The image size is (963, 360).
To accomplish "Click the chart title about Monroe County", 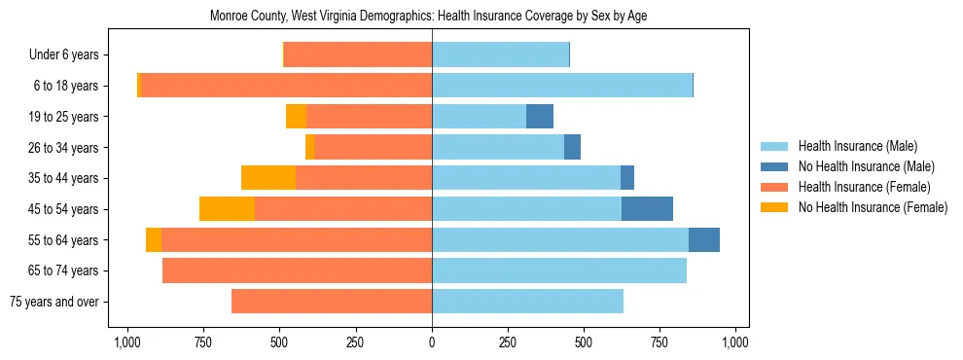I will pos(428,17).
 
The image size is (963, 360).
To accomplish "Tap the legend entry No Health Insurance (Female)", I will pos(873,207).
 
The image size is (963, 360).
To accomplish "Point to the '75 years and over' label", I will pos(53,302).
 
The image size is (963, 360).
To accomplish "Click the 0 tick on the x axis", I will pos(432,342).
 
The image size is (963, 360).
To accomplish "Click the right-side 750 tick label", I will pos(660,342).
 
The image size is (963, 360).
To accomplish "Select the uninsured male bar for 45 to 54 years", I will pos(647,209).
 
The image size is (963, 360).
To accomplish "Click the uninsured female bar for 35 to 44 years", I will pos(268,178).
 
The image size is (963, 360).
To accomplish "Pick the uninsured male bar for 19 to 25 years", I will pos(540,117).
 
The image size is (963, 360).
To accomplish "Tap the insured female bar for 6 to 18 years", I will pos(287,86).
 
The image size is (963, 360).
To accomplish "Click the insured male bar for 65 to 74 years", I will pos(559,270).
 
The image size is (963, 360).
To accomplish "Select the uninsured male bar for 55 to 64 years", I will pos(704,239).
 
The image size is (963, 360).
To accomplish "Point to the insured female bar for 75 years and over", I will pos(332,302).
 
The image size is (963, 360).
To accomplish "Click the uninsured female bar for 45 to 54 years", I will pos(227,209).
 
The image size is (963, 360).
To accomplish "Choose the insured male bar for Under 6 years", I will pos(500,54).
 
